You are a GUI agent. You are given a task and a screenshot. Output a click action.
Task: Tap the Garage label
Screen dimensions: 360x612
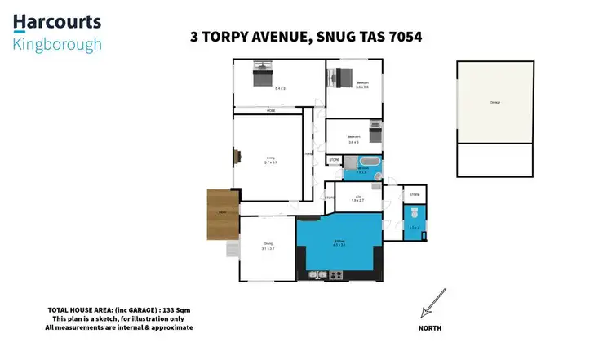(x=494, y=102)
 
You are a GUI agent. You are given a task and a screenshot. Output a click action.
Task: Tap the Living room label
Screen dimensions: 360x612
(x=268, y=159)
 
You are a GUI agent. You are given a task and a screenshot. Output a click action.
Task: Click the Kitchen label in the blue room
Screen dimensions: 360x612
(x=341, y=243)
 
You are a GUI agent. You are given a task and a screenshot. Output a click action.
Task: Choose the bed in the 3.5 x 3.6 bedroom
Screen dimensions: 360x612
(x=339, y=78)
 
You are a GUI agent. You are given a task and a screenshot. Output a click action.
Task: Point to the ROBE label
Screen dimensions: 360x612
(x=269, y=110)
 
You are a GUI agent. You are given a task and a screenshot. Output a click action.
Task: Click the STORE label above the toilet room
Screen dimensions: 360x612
(x=414, y=195)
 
